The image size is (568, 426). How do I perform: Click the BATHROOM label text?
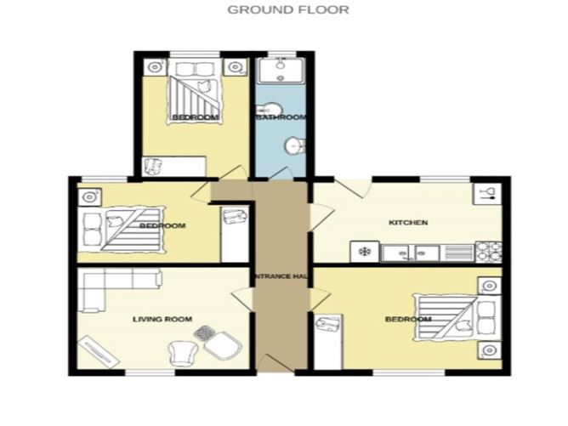coord(281,117)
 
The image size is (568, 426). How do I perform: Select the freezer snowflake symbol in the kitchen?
coord(364,252)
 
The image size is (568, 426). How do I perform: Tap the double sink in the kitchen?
coord(410,252)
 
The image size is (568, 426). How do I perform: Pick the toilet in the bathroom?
coord(292,145)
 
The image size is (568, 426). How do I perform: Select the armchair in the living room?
coord(183,350)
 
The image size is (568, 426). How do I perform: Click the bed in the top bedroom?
coord(196,95)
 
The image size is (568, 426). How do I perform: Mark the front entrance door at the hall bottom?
coord(277,372)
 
